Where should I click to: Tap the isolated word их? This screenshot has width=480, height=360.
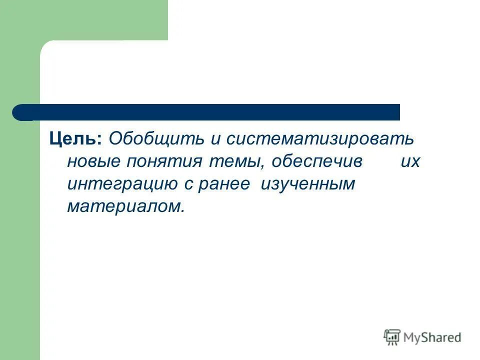click(410, 162)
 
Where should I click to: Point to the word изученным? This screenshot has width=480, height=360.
click(307, 184)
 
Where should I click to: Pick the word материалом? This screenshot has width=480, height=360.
click(122, 206)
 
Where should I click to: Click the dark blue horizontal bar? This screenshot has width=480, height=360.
click(210, 112)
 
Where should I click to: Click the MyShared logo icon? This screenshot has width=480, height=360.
click(392, 337)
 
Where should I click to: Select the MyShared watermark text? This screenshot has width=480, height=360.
click(432, 337)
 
